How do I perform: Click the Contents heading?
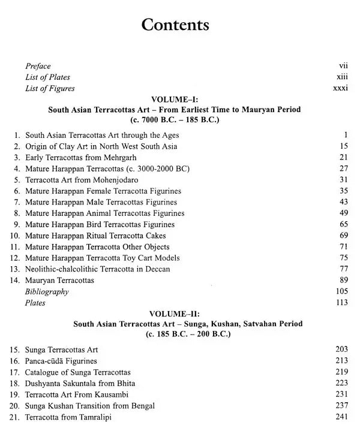175,25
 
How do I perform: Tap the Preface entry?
38,66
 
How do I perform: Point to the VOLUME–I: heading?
175,100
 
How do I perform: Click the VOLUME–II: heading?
175,314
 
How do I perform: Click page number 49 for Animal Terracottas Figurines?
343,213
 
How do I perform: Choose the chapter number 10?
15,236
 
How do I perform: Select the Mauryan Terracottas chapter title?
59,281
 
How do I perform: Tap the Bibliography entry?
47,292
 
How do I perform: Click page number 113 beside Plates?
342,303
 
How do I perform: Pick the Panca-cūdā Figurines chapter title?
61,361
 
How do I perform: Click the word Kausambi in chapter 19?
104,394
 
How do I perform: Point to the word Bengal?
141,406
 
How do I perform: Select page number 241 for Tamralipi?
341,417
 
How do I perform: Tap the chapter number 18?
15,384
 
